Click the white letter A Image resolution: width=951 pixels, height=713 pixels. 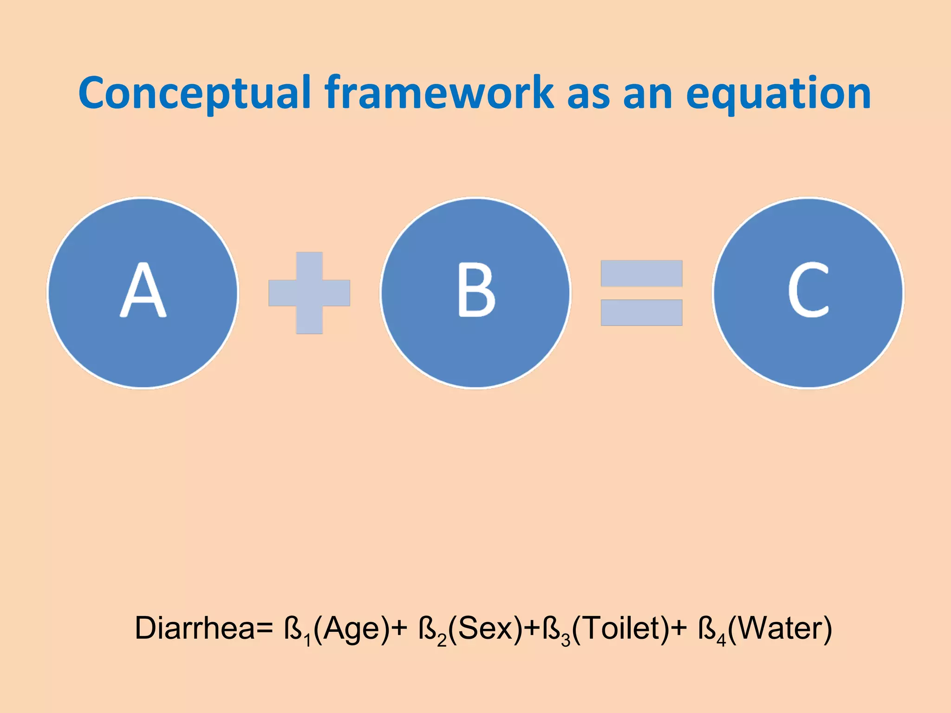tap(143, 290)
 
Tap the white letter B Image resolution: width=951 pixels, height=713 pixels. tap(476, 290)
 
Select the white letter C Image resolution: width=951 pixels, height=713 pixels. tap(808, 290)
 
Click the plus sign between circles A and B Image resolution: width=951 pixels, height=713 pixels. tap(309, 293)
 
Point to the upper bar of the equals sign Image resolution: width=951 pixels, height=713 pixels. tap(641, 273)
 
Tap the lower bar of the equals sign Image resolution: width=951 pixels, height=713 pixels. tap(641, 312)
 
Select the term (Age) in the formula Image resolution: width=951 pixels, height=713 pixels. tap(352, 629)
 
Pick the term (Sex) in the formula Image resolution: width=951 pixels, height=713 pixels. tap(486, 629)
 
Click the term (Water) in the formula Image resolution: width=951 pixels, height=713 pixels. tap(780, 629)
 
